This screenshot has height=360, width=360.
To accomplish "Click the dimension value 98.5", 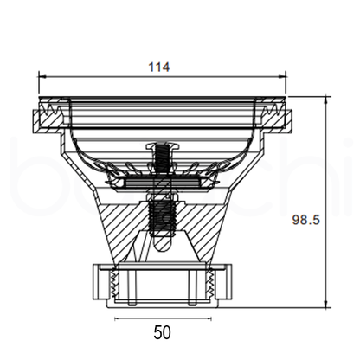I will [306, 220].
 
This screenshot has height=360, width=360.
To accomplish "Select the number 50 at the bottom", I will [162, 332].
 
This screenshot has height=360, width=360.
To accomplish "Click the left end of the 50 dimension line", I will [116, 317].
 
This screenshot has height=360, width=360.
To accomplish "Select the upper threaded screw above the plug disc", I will [162, 158].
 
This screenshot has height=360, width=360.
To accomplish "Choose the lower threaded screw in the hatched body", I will [162, 216].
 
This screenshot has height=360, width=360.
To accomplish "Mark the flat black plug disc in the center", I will [162, 183].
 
